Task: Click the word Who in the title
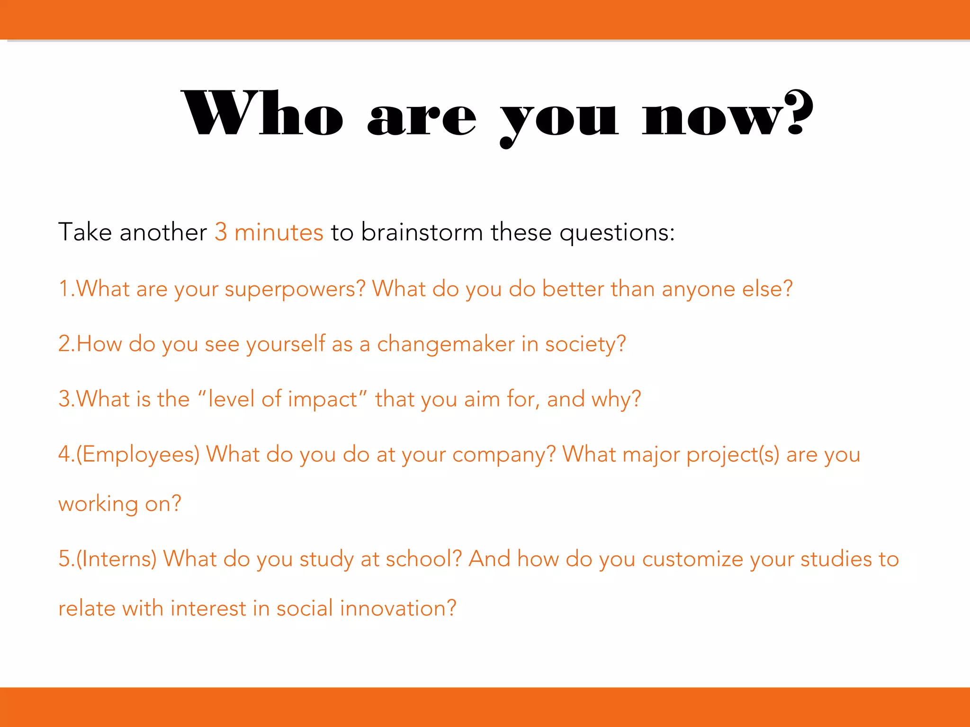(x=263, y=114)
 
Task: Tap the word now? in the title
(x=727, y=114)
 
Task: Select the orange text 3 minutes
(x=269, y=232)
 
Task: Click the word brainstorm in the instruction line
(x=422, y=232)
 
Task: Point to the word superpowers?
(x=295, y=289)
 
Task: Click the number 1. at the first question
(x=66, y=289)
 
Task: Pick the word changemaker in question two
(x=445, y=344)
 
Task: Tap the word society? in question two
(x=585, y=344)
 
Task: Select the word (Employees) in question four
(x=138, y=455)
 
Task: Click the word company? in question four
(x=504, y=455)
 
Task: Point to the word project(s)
(x=733, y=455)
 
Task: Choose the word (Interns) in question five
(x=117, y=559)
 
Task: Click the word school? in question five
(x=423, y=559)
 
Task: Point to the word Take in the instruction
(x=85, y=232)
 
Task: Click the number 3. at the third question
(x=66, y=399)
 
